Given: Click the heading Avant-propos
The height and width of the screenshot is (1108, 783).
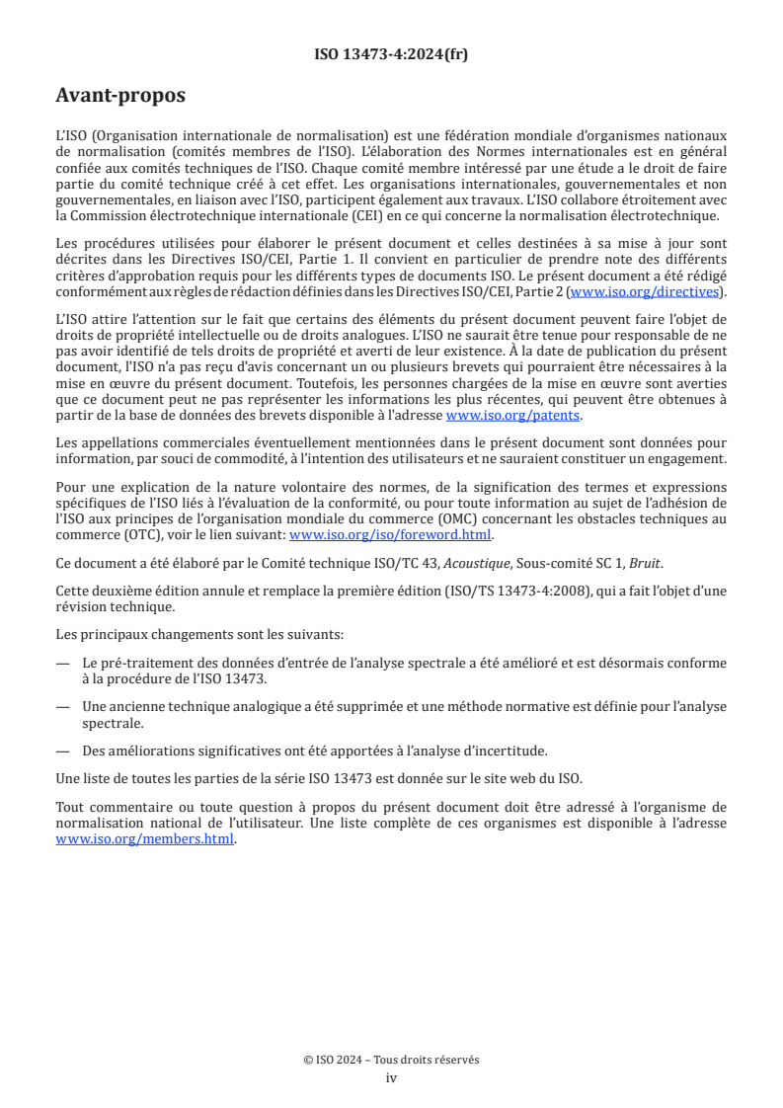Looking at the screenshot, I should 120,96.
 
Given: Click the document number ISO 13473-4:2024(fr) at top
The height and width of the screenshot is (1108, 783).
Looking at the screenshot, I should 391,54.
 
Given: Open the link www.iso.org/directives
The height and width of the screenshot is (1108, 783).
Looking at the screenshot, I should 646,291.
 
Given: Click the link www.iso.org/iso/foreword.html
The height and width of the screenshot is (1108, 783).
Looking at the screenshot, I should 390,534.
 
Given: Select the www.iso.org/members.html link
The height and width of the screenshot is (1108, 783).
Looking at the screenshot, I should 145,838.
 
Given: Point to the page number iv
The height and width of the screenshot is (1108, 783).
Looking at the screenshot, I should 391,1077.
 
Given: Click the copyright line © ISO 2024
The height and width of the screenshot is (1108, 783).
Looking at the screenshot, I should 391,1060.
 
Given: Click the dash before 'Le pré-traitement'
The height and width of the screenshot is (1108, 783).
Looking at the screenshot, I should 63,663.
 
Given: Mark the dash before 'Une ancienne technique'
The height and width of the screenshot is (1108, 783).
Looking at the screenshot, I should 63,707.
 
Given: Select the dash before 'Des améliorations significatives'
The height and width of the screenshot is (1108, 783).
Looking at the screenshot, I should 63,752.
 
